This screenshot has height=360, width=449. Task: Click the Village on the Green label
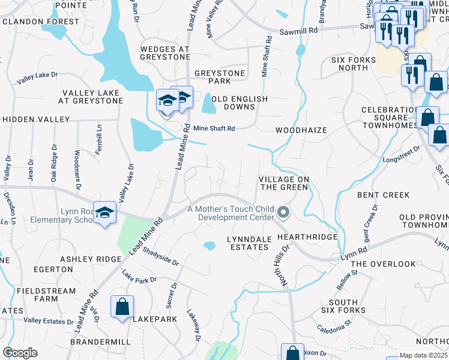tap(284, 183)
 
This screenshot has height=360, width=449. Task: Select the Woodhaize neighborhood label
tap(300, 130)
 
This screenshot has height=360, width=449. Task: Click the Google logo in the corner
tap(19, 353)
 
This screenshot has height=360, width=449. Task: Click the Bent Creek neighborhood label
tap(383, 195)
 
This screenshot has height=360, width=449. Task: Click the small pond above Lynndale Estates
tap(209, 245)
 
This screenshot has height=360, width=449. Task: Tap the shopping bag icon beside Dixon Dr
tap(293, 352)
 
